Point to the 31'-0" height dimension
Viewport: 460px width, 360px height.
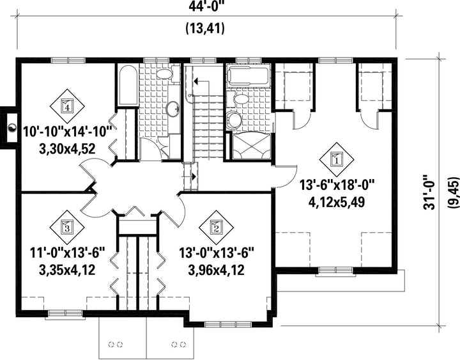(x=429, y=192)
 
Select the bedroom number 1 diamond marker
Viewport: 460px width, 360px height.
(x=337, y=160)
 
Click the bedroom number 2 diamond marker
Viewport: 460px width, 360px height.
(x=216, y=228)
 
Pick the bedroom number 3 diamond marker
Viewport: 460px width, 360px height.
(x=67, y=227)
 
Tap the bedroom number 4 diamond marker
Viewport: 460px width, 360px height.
(x=67, y=106)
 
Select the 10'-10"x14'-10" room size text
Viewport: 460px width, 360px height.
(x=68, y=132)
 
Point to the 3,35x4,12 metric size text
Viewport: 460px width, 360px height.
(x=67, y=270)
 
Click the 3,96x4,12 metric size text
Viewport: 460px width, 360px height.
(x=216, y=270)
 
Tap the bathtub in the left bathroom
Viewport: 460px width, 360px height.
(x=128, y=85)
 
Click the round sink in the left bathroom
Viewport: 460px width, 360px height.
(x=173, y=109)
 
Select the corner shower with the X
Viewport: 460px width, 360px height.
(x=251, y=146)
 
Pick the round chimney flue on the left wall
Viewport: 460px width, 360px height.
(x=11, y=129)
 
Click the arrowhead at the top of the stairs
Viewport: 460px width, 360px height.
(x=196, y=80)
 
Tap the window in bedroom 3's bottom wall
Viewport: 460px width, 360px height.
(x=65, y=313)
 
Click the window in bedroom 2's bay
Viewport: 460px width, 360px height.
(x=228, y=324)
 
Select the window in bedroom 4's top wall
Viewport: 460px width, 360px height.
(x=68, y=61)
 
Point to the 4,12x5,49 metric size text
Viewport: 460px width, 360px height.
(x=337, y=201)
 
